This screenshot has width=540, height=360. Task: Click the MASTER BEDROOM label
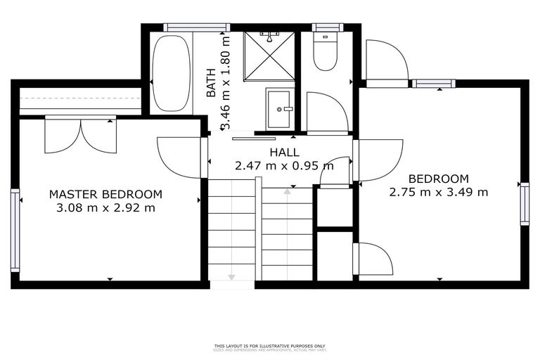(105, 194)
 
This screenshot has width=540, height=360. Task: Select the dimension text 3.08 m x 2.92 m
(105, 207)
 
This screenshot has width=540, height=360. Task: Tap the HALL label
(284, 152)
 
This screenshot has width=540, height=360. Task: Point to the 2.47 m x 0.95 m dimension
(284, 166)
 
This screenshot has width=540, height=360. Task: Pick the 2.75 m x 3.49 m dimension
(439, 191)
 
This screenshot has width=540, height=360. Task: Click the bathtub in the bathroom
(171, 73)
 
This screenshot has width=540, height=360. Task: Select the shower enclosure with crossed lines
(269, 56)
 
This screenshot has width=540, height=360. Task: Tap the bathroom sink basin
(278, 109)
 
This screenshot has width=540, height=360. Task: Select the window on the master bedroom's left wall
(15, 230)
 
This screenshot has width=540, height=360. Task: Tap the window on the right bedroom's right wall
(524, 204)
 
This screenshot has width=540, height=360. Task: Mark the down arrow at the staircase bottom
(231, 275)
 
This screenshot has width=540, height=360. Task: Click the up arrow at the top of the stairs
(287, 191)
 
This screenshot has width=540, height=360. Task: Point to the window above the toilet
(328, 27)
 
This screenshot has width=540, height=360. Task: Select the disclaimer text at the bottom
(270, 347)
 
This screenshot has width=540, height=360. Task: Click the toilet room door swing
(326, 112)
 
